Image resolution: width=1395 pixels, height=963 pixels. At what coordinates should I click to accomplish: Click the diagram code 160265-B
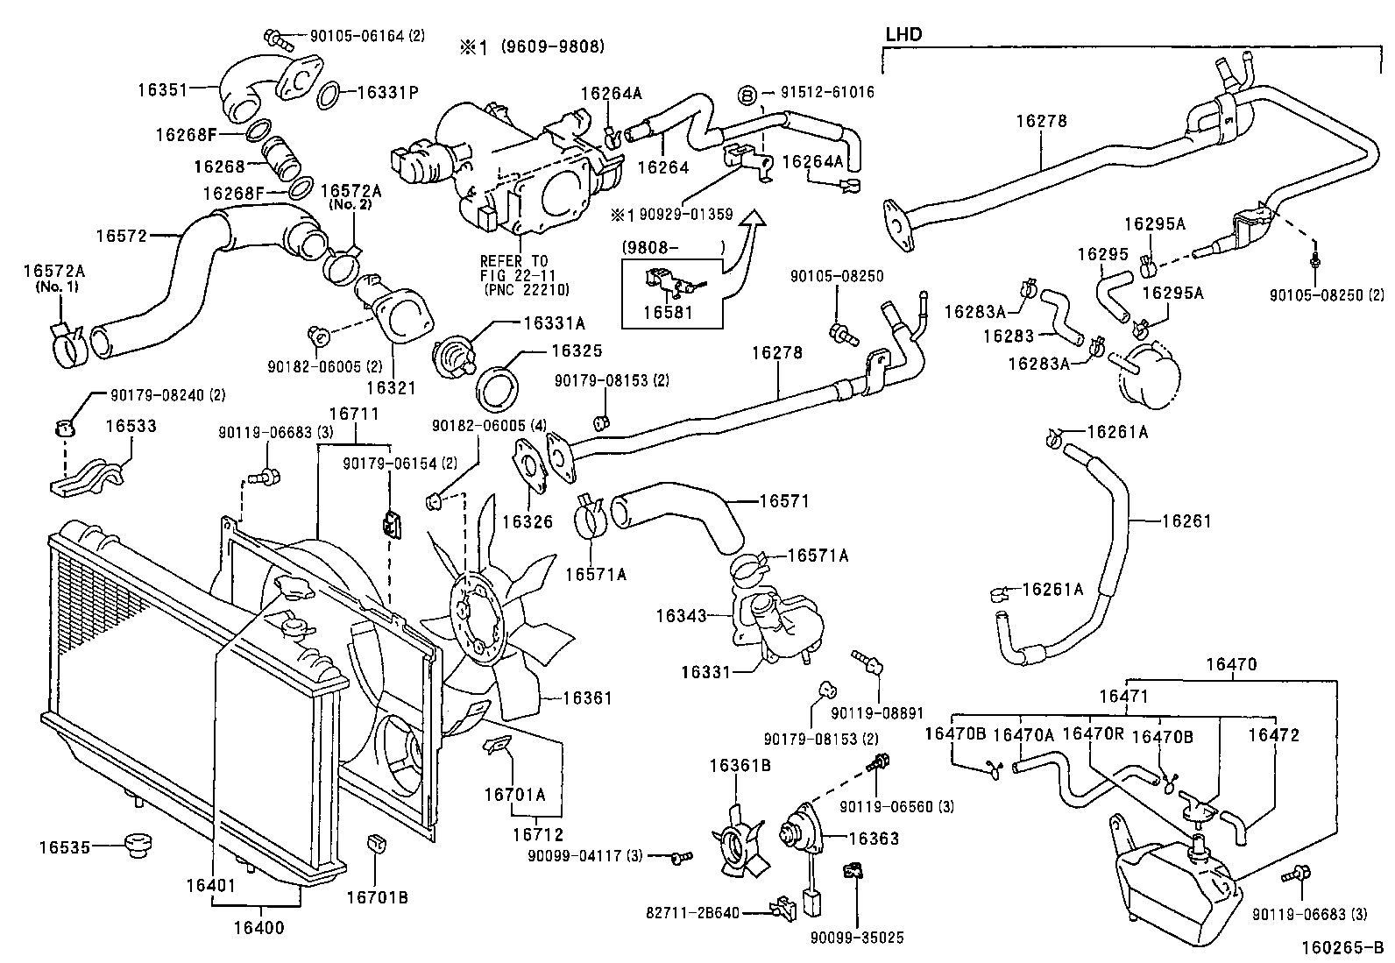pos(1341,947)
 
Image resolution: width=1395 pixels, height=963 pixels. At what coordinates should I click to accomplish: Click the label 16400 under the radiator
pos(259,927)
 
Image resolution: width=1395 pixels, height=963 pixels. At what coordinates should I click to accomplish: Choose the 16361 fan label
pos(587,698)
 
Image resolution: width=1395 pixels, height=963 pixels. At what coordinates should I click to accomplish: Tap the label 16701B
pos(377,897)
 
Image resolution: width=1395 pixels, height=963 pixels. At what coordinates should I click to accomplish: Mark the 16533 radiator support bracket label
pos(131,426)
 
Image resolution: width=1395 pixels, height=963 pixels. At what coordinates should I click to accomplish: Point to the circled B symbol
pos(747,93)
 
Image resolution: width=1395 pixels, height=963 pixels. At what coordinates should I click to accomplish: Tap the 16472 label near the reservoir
pos(1274,736)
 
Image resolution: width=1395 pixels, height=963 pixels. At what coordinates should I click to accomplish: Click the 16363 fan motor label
pos(874,838)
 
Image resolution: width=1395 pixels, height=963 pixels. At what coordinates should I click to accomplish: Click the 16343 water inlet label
pos(681,616)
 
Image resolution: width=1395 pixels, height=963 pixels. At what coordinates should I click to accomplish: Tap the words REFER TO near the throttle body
pos(513,261)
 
